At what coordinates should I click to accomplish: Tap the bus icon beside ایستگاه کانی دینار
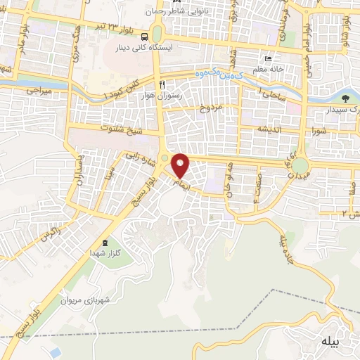(143, 37)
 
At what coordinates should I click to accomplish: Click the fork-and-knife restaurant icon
(162, 82)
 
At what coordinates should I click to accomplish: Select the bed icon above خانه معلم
(268, 58)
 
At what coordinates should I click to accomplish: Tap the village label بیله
(330, 342)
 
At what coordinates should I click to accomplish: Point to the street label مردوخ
(211, 108)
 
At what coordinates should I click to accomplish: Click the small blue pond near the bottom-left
(53, 351)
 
